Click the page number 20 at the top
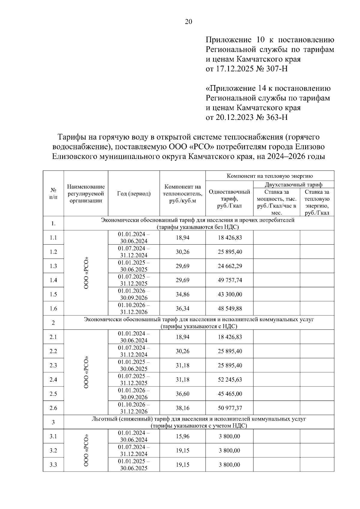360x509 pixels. tap(189, 22)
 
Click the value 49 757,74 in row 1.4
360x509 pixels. tap(230, 280)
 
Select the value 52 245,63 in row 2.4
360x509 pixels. tap(230, 380)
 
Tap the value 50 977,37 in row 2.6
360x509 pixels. tap(230, 408)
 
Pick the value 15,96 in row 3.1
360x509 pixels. tap(182, 436)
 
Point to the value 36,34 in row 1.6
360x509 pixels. tap(182, 308)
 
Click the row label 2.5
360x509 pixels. tap(53, 394)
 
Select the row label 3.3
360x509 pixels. tap(53, 465)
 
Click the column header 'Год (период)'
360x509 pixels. tap(134, 194)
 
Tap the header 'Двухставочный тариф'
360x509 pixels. tap(294, 185)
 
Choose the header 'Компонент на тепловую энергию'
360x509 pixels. tap(270, 176)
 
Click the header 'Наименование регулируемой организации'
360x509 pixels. tap(86, 194)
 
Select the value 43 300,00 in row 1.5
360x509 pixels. tap(230, 294)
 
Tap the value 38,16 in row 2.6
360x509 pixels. tap(182, 408)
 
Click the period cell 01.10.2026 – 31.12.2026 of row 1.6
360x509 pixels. tap(134, 308)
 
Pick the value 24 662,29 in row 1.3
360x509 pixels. tap(230, 266)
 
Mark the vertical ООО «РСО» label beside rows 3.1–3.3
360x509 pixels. tap(86, 450)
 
